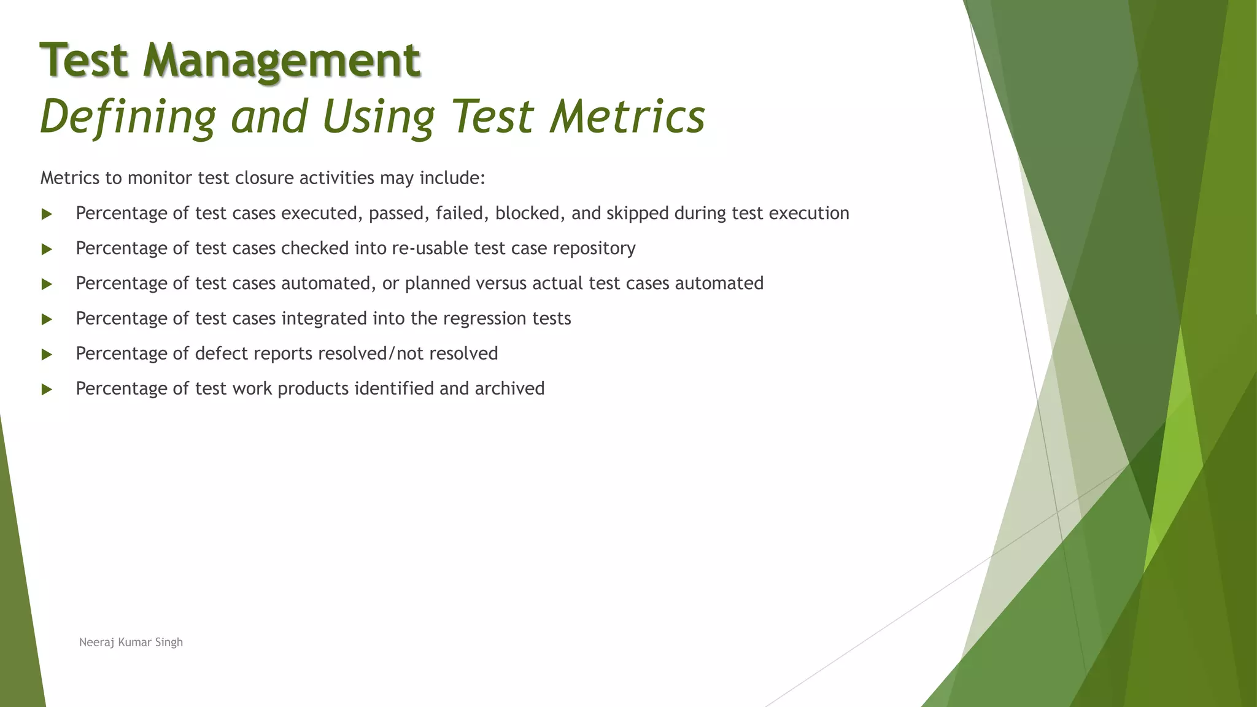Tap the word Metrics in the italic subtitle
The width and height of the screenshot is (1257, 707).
pos(627,117)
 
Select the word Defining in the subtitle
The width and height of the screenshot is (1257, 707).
pos(128,117)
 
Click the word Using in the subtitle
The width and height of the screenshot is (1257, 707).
pos(378,117)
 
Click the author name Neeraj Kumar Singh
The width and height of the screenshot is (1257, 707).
pos(131,642)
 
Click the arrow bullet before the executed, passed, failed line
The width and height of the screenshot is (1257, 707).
pos(47,214)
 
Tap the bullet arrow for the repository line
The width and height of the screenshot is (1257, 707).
pos(47,249)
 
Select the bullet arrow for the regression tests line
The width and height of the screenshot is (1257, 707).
pos(47,319)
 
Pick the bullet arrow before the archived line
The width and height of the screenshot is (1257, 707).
pos(47,389)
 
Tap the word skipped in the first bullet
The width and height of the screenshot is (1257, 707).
pos(637,213)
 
